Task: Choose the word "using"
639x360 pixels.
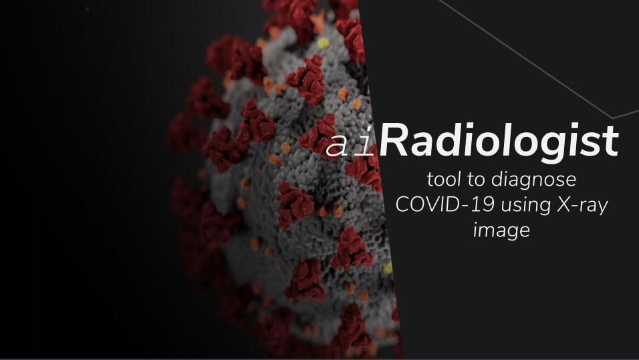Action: [x=525, y=206]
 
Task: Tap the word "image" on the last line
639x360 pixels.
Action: [x=502, y=231]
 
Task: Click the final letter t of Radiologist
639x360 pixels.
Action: [x=612, y=142]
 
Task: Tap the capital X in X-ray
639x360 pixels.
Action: [x=564, y=205]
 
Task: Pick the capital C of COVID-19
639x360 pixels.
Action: [x=402, y=205]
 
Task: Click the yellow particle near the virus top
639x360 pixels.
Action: [x=323, y=43]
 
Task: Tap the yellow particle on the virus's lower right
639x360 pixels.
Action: [x=388, y=268]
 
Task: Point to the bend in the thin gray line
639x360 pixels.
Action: [x=612, y=118]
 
